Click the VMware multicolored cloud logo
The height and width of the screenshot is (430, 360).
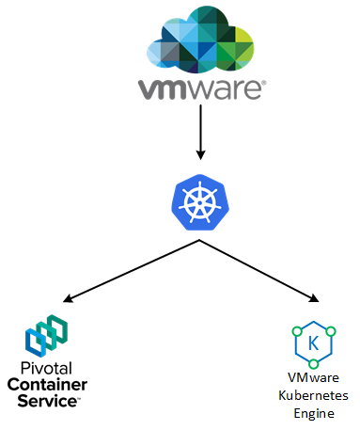coord(200,40)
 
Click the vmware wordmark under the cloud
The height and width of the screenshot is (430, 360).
coord(200,89)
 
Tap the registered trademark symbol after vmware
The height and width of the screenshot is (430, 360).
coord(264,83)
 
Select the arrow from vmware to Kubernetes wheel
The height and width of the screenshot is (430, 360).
coord(200,132)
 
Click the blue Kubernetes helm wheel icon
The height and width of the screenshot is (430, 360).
coord(200,202)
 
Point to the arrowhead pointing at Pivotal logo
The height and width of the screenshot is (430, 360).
coord(68,298)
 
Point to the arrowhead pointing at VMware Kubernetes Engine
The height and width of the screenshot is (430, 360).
coord(314,298)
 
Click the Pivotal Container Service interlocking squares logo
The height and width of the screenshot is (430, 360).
coord(46,336)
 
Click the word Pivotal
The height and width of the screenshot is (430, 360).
coord(46,368)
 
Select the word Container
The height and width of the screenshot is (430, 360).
coord(47,385)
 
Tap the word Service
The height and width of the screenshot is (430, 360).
coord(47,401)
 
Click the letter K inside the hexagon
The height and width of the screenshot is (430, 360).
coord(313,343)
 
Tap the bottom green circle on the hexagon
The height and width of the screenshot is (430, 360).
coord(314,364)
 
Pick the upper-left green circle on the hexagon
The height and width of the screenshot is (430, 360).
coord(297,331)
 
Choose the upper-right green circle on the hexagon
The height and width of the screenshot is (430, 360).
coord(331,331)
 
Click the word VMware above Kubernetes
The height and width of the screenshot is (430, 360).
coord(313,377)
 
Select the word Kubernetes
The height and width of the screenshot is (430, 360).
coord(313,395)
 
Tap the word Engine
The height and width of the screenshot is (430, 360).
coord(314,414)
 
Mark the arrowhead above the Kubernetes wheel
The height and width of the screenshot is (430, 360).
coord(200,155)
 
